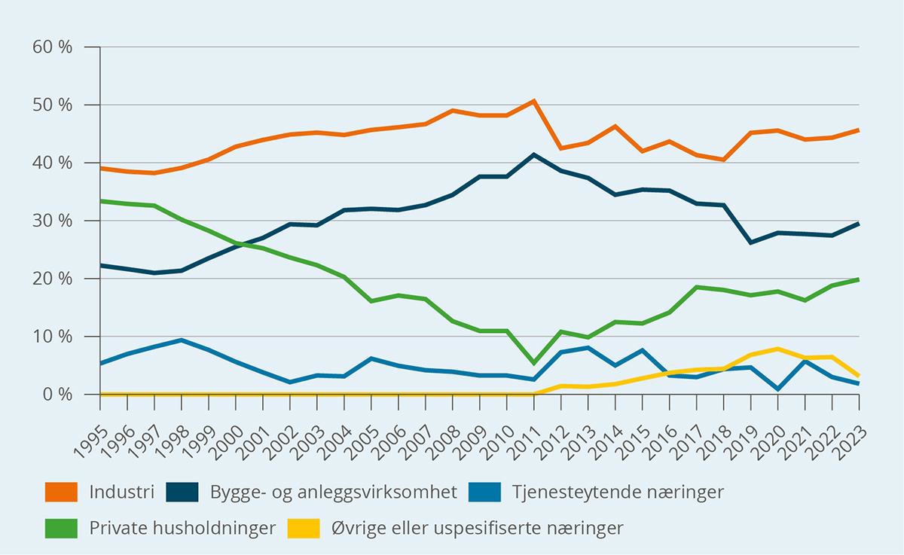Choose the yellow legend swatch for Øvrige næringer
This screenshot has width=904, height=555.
304,528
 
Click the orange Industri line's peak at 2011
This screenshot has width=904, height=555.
534,101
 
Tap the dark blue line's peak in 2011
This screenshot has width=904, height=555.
534,154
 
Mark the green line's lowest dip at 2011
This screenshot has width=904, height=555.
534,363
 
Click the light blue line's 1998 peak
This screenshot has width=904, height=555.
182,340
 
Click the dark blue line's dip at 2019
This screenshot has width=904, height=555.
751,242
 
